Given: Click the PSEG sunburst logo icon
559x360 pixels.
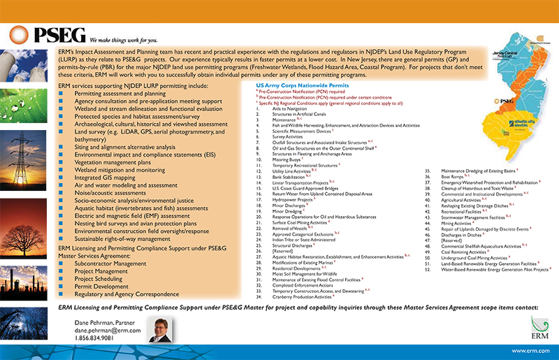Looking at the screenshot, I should click(x=22, y=36).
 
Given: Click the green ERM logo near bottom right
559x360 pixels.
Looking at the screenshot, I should click(x=535, y=326).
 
